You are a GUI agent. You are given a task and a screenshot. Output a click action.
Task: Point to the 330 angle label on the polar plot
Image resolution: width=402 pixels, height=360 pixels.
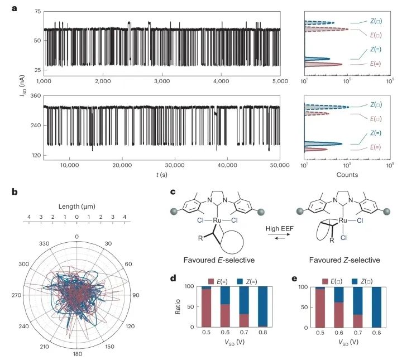pos(43,244)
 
